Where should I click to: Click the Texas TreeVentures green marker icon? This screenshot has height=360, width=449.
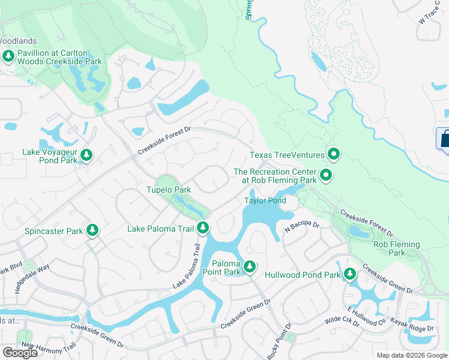(x=333, y=155)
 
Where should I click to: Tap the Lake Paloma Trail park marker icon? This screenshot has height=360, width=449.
(x=203, y=228)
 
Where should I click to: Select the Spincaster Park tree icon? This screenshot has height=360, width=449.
(x=92, y=230)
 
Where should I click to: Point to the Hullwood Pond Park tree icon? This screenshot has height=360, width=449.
(x=349, y=275)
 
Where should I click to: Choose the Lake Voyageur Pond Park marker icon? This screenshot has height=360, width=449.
(x=86, y=156)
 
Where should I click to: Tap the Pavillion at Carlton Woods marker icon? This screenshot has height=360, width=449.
(x=8, y=57)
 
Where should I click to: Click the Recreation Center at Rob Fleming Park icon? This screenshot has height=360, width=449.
(x=326, y=175)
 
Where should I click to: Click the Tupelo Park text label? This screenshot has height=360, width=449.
(x=169, y=190)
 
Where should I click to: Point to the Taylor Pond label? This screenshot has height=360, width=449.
(x=265, y=200)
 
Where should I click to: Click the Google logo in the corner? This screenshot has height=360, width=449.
(x=20, y=353)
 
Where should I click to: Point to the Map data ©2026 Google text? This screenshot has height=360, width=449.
(x=411, y=355)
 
